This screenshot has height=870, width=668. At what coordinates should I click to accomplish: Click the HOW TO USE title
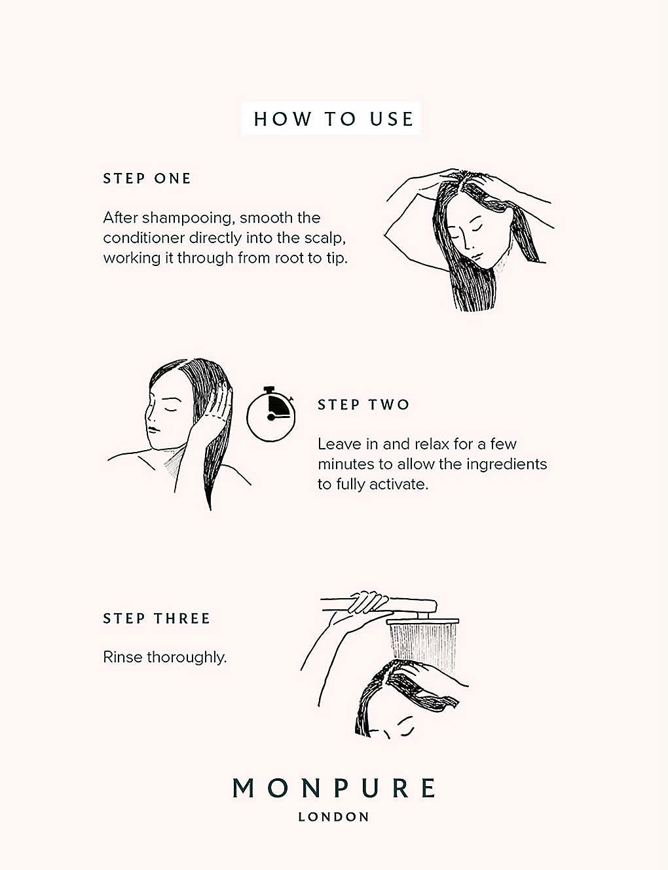pyautogui.click(x=333, y=119)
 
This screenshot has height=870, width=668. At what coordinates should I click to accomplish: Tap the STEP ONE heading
pyautogui.click(x=147, y=179)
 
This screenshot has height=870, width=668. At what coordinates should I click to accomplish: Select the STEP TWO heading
pyautogui.click(x=363, y=405)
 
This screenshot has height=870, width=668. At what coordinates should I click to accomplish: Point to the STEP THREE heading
pyautogui.click(x=157, y=618)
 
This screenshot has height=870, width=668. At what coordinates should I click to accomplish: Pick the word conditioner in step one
pyautogui.click(x=144, y=238)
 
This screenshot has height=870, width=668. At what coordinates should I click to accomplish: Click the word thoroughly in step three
pyautogui.click(x=187, y=658)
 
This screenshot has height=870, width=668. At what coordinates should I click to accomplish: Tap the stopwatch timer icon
pyautogui.click(x=270, y=414)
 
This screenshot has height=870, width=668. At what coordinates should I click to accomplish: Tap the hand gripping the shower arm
pyautogui.click(x=366, y=603)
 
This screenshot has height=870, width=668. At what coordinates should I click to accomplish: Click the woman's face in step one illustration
pyautogui.click(x=476, y=236)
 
